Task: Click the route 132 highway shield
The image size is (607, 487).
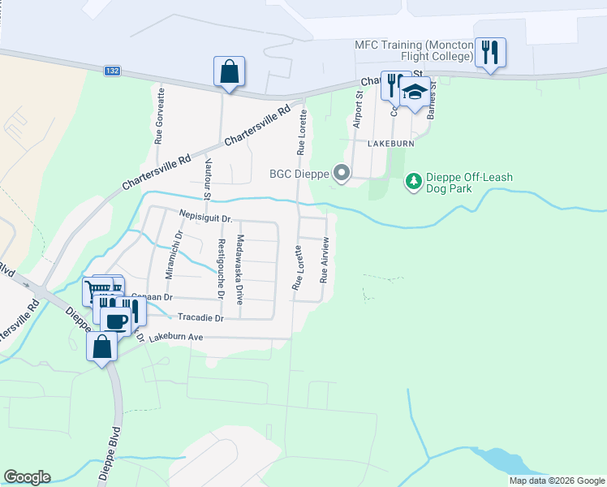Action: [113, 71]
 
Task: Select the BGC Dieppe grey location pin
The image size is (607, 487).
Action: [342, 172]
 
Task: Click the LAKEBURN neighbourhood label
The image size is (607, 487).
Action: [390, 143]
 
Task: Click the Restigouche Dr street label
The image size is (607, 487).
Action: [219, 267]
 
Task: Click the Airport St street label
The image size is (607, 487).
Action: [357, 110]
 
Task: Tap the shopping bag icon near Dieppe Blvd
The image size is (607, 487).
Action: [101, 347]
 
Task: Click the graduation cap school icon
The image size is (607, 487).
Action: [415, 92]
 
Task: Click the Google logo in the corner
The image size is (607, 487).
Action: [27, 477]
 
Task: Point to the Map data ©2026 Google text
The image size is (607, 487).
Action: [557, 481]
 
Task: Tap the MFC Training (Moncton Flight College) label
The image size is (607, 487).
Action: [414, 50]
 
